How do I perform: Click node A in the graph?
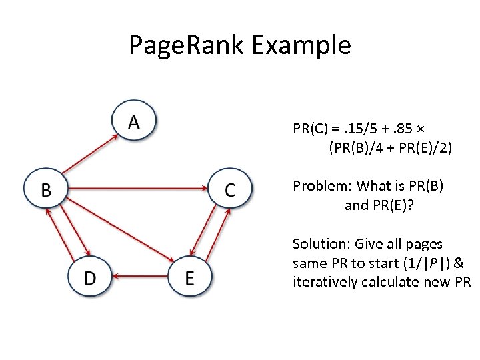click(133, 121)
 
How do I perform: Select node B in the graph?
click(46, 190)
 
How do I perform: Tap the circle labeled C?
click(230, 190)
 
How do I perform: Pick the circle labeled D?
click(90, 277)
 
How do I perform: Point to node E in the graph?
click(189, 277)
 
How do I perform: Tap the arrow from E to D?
click(139, 275)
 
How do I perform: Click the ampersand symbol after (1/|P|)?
click(459, 263)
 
